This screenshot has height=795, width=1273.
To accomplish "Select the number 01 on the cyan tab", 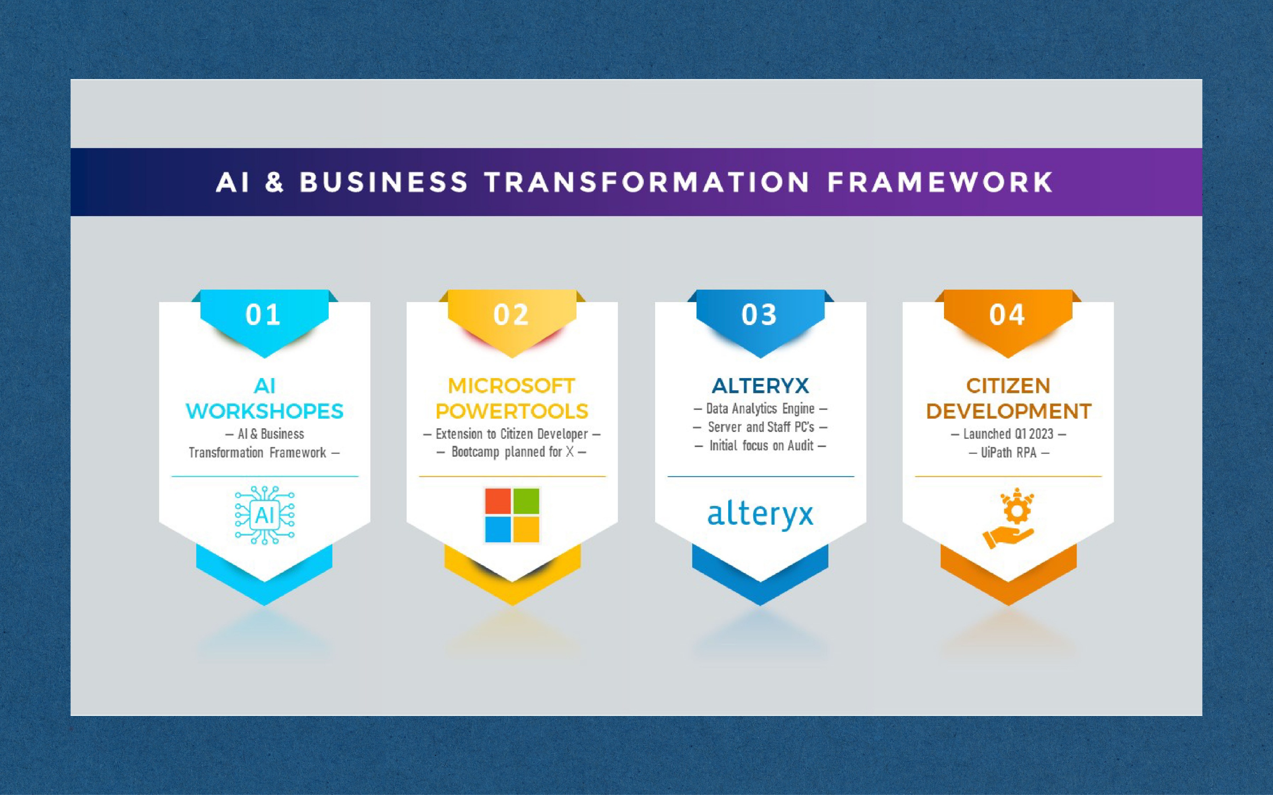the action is pyautogui.click(x=264, y=315).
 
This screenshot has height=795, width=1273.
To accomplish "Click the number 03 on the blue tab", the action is pyautogui.click(x=759, y=315).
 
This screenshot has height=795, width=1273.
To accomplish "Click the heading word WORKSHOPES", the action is pyautogui.click(x=265, y=411).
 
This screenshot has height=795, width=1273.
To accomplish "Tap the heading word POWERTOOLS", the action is pyautogui.click(x=512, y=411).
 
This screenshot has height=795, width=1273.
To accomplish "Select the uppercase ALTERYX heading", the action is pyautogui.click(x=760, y=386).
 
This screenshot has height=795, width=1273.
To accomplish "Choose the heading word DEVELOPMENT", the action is pyautogui.click(x=1009, y=411).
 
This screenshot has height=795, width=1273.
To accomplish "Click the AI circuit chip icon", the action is pyautogui.click(x=265, y=515).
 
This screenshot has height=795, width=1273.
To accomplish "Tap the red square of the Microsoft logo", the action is pyautogui.click(x=498, y=501).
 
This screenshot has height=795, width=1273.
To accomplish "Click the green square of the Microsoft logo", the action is pyautogui.click(x=526, y=501).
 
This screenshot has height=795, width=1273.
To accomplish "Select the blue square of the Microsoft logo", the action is pyautogui.click(x=498, y=529).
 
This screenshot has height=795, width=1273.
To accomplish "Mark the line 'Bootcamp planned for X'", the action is pyautogui.click(x=512, y=452).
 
